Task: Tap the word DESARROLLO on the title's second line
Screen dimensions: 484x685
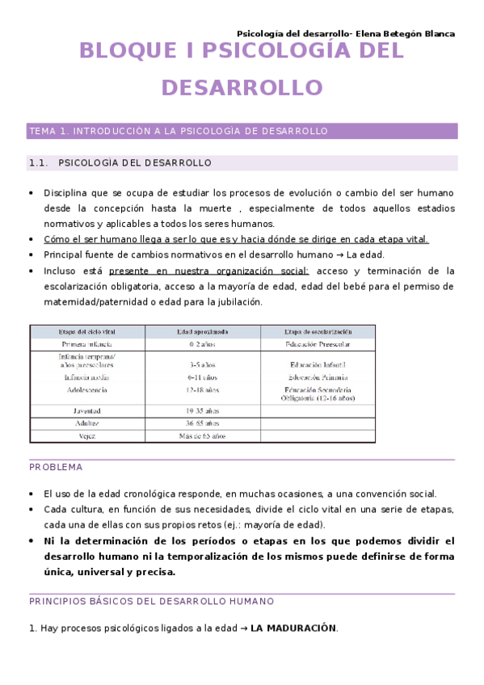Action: [x=242, y=87]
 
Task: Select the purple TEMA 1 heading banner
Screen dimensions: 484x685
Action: [x=242, y=131]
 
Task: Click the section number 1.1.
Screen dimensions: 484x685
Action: [x=39, y=163]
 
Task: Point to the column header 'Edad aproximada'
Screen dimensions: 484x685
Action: [x=202, y=331]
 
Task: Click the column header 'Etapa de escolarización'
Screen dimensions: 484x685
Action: [x=318, y=331]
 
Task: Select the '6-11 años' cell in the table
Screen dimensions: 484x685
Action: [x=202, y=377]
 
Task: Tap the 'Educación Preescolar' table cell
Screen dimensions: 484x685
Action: [x=318, y=344]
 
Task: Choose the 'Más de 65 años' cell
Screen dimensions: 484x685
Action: [x=202, y=436]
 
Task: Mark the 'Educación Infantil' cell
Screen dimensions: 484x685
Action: [x=318, y=365]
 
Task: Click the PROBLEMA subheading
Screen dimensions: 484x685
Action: [x=56, y=467]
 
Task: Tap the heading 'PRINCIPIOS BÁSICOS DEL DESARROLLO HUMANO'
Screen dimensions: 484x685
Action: [x=151, y=601]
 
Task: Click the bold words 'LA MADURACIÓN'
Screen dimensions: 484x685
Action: [x=293, y=628]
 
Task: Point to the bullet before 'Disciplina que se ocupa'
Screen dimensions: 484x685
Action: [x=32, y=194]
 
